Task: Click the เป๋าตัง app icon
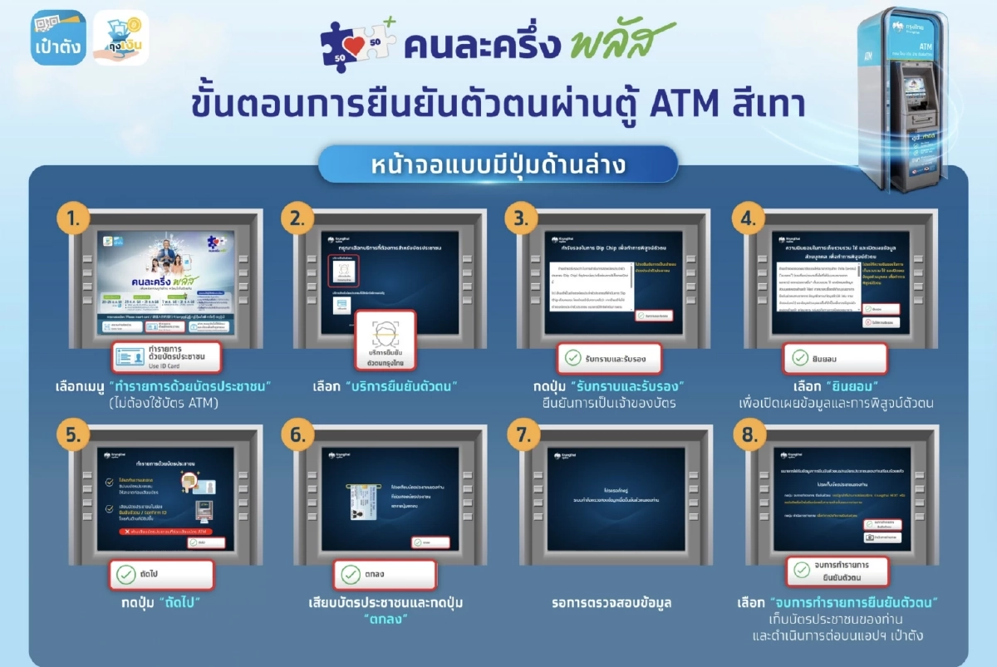pyautogui.click(x=58, y=37)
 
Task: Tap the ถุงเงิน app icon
pyautogui.click(x=121, y=38)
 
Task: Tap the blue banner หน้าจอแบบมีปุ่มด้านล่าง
pyautogui.click(x=498, y=164)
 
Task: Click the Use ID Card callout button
pyautogui.click(x=166, y=357)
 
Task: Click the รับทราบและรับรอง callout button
pyautogui.click(x=608, y=358)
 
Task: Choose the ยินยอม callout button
pyautogui.click(x=835, y=358)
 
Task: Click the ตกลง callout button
pyautogui.click(x=385, y=574)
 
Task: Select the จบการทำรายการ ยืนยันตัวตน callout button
pyautogui.click(x=837, y=571)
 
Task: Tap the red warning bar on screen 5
pyautogui.click(x=165, y=531)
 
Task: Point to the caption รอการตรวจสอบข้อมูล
pyautogui.click(x=611, y=602)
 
